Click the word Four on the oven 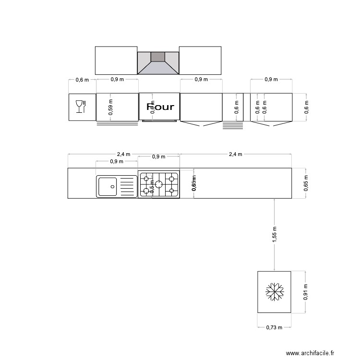tap(160, 107)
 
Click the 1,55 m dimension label tap(274, 235)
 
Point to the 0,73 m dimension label tap(274, 327)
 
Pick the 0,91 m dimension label tap(306, 292)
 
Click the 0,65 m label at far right tap(306, 183)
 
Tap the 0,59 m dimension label tap(110, 107)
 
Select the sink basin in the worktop tap(108, 186)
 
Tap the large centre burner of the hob tap(159, 184)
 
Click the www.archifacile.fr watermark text tap(310, 353)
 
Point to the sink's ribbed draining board tap(127, 186)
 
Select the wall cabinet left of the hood tap(116, 60)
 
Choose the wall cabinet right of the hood tap(200, 60)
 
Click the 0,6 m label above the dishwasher tap(83, 80)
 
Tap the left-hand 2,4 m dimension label tap(123, 154)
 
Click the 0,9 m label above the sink tap(117, 161)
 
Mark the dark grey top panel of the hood tap(158, 57)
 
